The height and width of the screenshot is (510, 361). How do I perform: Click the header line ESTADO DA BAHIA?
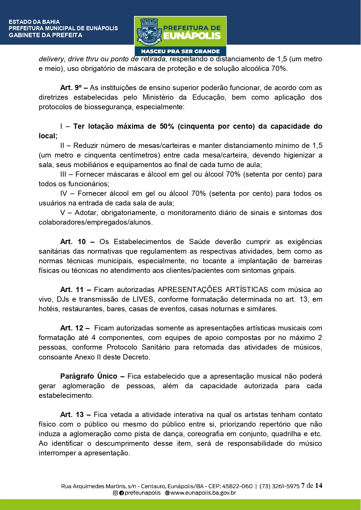(34, 22)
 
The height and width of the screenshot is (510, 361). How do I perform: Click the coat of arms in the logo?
(149, 32)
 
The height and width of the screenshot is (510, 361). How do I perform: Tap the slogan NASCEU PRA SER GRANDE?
(180, 51)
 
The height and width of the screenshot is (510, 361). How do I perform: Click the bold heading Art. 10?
(73, 242)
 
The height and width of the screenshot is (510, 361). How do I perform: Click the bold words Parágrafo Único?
(89, 376)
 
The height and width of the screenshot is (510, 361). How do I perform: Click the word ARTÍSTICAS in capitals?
(247, 290)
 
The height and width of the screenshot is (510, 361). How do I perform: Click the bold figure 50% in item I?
(167, 126)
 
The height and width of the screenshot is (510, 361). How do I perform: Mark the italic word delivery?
(51, 59)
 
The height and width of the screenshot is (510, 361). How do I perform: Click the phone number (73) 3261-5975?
(279, 486)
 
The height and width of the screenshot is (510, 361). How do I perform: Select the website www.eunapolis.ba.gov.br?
(203, 493)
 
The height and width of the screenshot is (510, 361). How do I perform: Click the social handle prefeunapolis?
(143, 493)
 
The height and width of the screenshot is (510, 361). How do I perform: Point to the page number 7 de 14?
(312, 486)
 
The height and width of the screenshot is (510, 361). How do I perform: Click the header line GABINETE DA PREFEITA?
(45, 35)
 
